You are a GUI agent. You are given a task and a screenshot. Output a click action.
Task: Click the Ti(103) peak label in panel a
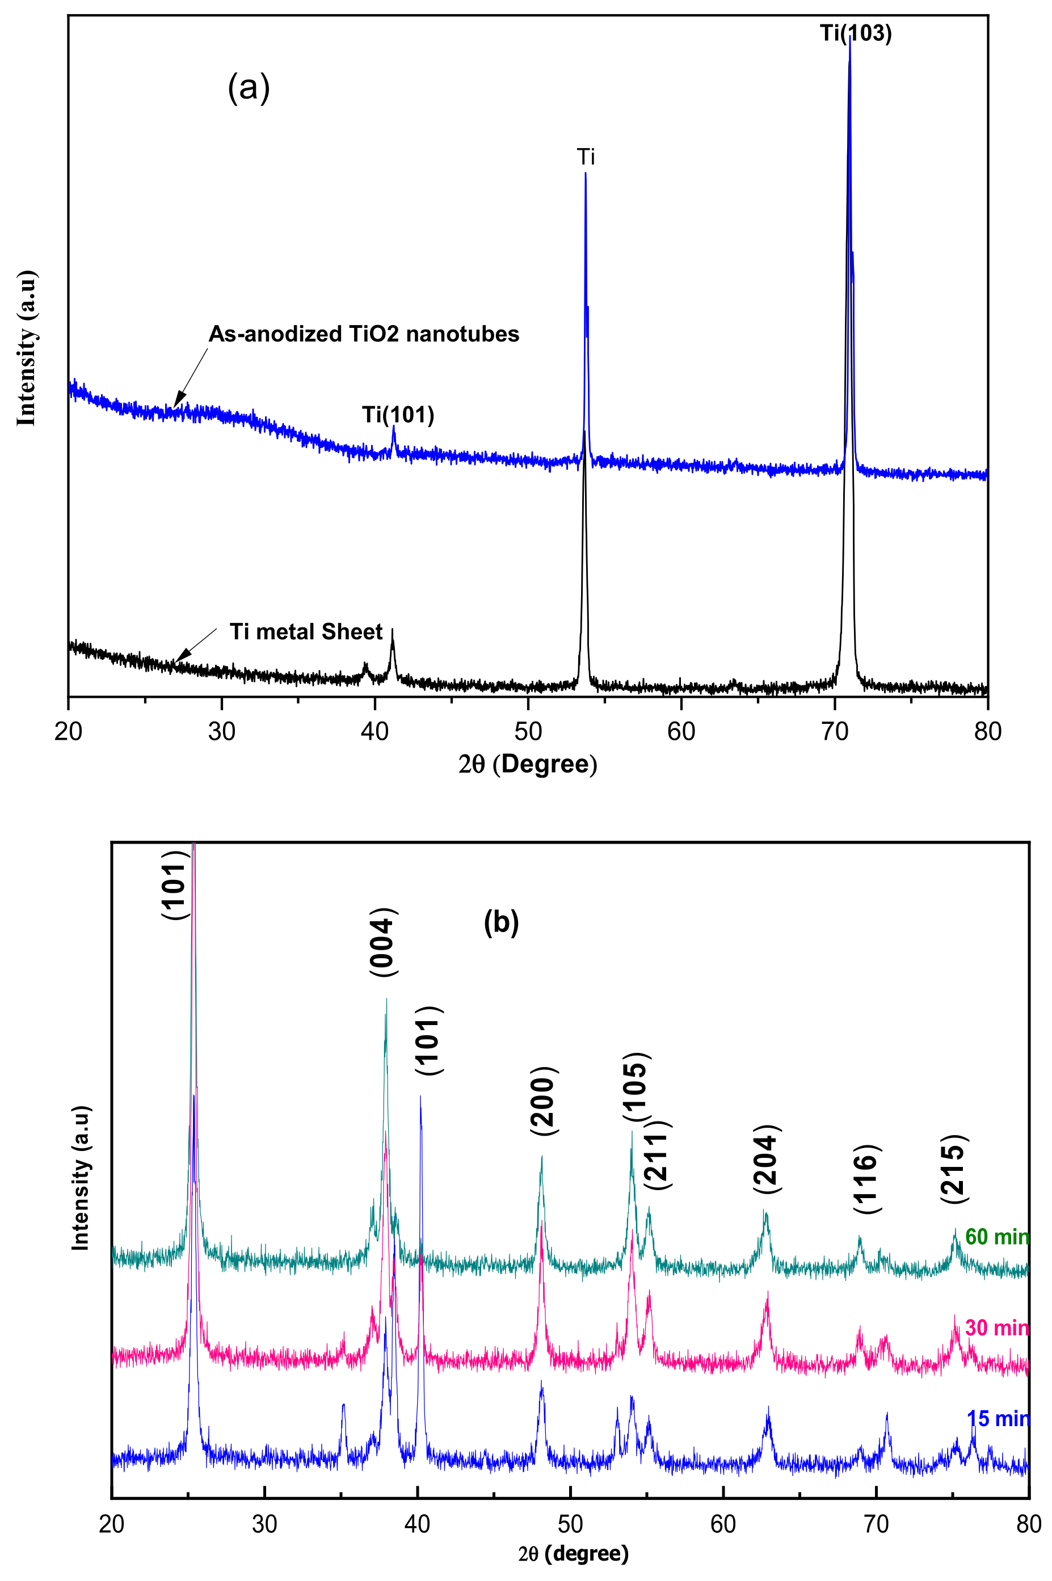coord(856,33)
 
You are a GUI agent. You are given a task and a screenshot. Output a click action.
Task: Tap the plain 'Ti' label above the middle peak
coord(586,157)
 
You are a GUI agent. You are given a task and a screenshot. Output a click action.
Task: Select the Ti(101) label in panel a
coord(398,415)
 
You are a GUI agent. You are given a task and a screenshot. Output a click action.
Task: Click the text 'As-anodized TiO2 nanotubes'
coord(364,334)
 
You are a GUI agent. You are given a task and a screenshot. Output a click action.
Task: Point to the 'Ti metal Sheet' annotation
coord(306,631)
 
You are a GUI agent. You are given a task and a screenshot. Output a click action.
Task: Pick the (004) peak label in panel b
coord(384,942)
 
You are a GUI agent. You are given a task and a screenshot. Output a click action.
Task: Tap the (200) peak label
coord(544,1100)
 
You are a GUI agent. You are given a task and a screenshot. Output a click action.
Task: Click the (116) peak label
coord(866,1179)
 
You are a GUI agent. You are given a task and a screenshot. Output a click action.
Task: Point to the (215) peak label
coord(953,1169)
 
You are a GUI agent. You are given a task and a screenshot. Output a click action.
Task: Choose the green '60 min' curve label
coord(996,1236)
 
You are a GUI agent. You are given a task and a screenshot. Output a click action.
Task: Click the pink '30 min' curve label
coord(996,1327)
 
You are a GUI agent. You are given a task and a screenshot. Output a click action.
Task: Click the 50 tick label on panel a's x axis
coord(528,731)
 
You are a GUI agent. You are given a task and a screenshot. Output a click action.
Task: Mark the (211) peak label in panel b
coord(658,1155)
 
